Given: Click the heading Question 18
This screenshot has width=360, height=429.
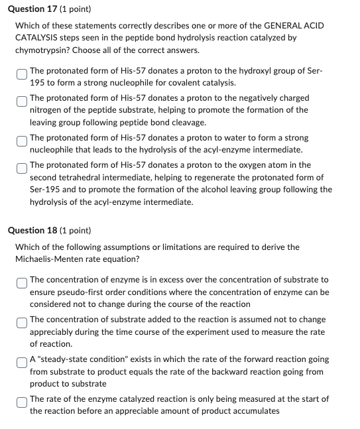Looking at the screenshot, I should point(39,231).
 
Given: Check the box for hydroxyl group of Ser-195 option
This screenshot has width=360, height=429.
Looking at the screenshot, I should point(21,72).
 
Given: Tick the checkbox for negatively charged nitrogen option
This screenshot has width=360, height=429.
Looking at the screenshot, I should point(21,99).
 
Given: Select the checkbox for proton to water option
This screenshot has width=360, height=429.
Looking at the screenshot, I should point(21,139).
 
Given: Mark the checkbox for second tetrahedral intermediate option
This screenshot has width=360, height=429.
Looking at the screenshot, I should point(21,166).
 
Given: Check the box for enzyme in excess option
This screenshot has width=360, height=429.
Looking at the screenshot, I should point(21,281).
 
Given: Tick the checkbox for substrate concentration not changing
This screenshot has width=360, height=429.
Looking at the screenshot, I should point(21,321).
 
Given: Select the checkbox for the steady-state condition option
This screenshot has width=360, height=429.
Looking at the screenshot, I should point(21,361).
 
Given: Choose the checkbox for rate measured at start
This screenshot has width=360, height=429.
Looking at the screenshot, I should point(21,400).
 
